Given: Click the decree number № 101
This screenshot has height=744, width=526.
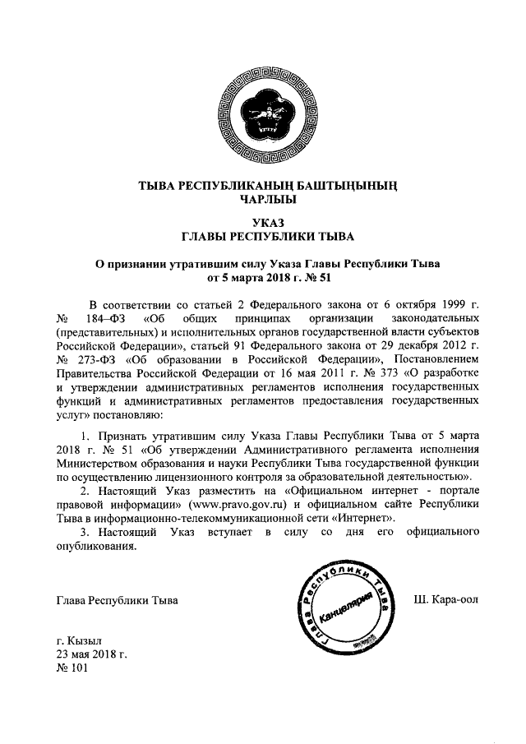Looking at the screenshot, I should (x=72, y=668).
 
